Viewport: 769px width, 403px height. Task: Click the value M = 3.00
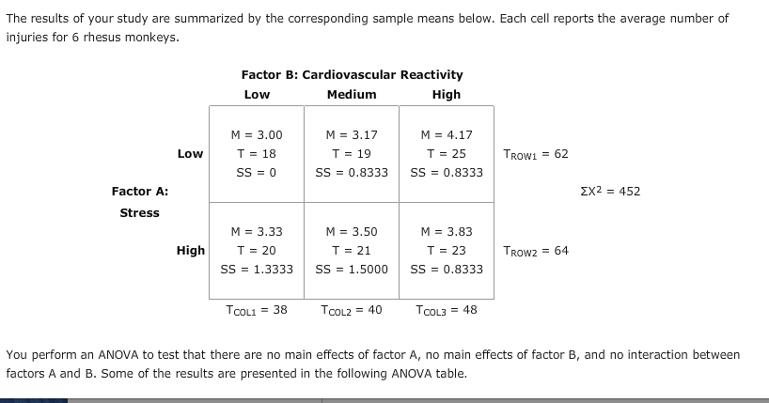tap(257, 135)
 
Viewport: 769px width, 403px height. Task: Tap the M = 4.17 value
tap(447, 135)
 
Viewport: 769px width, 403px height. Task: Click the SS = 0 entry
tap(257, 172)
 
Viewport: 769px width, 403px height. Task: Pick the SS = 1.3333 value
tap(257, 269)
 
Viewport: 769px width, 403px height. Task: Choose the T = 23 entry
tap(447, 250)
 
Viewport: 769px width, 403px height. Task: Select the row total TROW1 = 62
tap(536, 154)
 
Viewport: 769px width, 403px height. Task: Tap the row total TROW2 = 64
tap(536, 251)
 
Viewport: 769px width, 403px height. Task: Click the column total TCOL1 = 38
tap(257, 310)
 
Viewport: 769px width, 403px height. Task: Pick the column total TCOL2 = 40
tap(351, 310)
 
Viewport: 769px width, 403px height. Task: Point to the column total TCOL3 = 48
tap(446, 310)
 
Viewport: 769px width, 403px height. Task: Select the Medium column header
tap(352, 94)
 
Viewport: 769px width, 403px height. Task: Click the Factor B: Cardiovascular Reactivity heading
tap(352, 74)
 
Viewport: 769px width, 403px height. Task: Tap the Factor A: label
tap(140, 192)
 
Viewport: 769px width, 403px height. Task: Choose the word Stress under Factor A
tap(140, 212)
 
